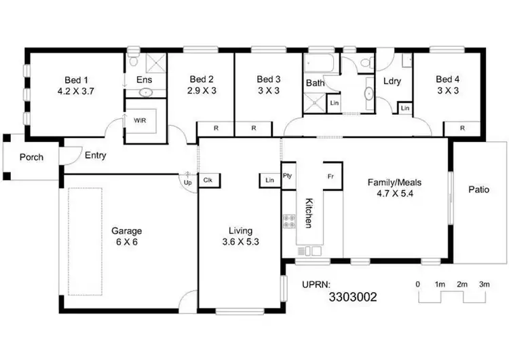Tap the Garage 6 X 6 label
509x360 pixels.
point(127,231)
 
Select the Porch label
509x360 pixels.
point(31,157)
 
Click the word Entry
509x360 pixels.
point(95,156)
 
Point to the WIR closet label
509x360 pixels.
point(140,120)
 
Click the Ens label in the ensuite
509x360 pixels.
point(144,80)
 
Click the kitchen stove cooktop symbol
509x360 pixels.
point(288,221)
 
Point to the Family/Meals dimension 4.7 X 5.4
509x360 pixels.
point(391,193)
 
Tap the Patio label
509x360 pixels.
point(478,190)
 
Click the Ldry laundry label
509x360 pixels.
point(392,81)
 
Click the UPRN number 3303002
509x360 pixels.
point(352,297)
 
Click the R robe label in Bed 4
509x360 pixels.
point(462,128)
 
